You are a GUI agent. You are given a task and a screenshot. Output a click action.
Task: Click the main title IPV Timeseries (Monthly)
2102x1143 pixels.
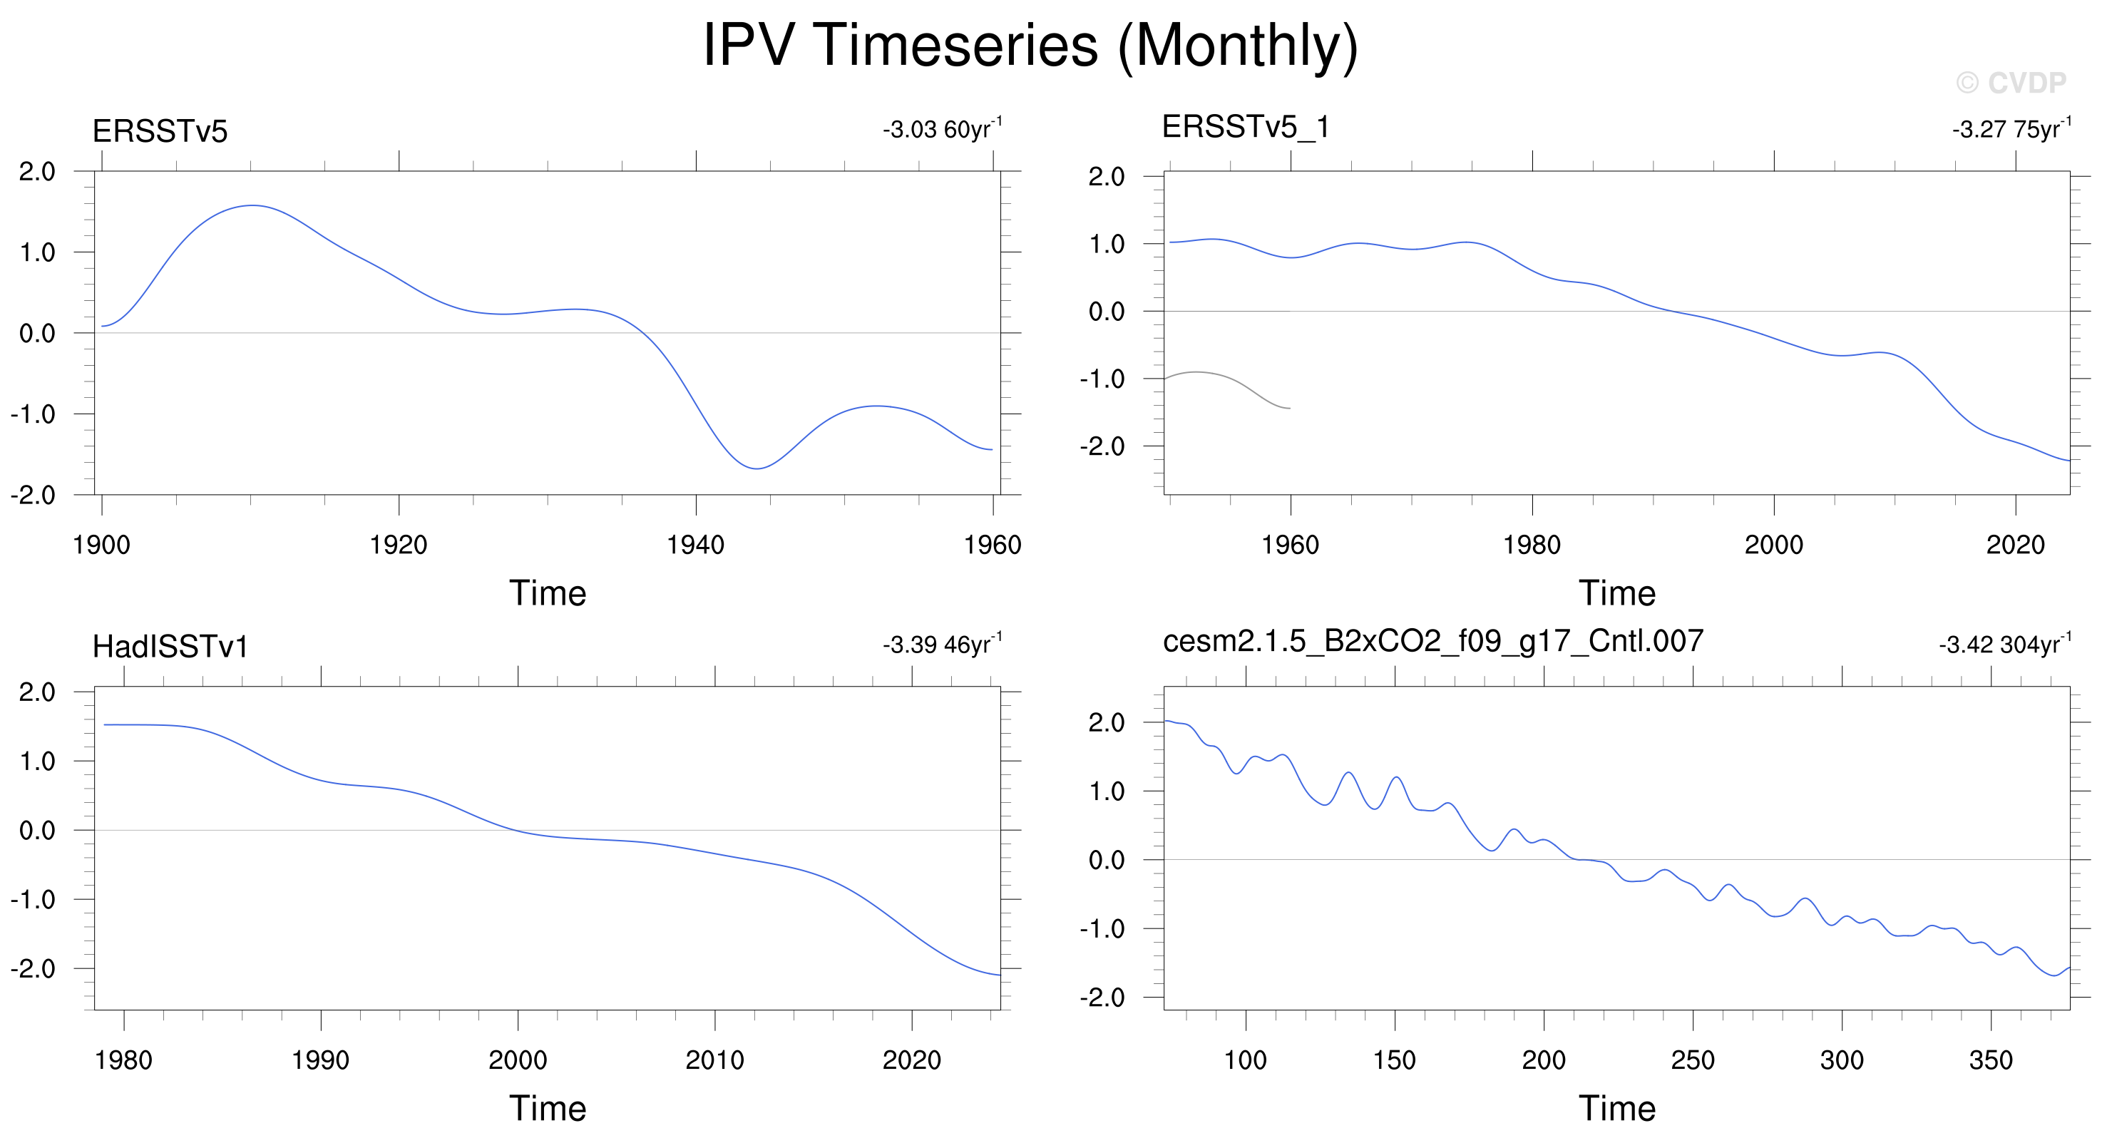(x=1030, y=46)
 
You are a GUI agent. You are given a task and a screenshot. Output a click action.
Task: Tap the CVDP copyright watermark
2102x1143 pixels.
(x=2011, y=83)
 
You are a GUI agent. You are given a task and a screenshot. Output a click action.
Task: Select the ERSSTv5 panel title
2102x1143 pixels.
(x=160, y=131)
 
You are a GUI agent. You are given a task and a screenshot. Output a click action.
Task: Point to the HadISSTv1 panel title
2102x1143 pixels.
(x=170, y=647)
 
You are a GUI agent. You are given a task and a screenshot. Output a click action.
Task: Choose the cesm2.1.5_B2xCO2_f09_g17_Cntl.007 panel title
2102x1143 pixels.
(x=1433, y=642)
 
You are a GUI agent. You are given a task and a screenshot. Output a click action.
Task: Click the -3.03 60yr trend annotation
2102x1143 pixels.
(x=943, y=128)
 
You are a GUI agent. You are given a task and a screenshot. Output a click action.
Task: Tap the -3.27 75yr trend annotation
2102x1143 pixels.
(x=2011, y=128)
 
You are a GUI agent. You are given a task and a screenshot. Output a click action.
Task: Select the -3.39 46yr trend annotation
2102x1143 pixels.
(x=943, y=644)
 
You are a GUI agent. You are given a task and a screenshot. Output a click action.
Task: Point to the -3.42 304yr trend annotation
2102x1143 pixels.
(x=2005, y=644)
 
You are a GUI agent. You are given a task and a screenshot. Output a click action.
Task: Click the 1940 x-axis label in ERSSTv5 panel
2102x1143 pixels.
(x=695, y=545)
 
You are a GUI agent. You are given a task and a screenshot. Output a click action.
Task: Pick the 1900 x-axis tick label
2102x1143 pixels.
(x=101, y=545)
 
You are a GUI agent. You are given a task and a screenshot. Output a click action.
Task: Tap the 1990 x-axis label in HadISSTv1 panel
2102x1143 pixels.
(x=321, y=1060)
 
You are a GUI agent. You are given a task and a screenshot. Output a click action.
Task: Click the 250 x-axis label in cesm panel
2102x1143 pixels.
(x=1693, y=1060)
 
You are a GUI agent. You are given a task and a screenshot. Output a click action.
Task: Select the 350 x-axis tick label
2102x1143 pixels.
(x=1991, y=1060)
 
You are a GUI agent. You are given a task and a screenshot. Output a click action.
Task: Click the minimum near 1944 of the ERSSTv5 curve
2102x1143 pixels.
(x=757, y=468)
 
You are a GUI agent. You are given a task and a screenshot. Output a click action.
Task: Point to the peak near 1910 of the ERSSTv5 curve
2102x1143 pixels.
(x=253, y=205)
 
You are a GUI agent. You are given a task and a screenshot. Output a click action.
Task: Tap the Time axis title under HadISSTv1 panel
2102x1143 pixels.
(x=548, y=1109)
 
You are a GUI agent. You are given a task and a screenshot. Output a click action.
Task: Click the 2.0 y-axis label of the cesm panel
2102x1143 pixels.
(x=1107, y=723)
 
